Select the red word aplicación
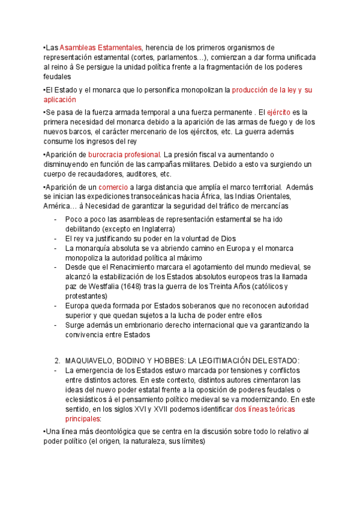tap(59, 100)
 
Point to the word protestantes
tap(86, 296)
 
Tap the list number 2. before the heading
tap(57, 360)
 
